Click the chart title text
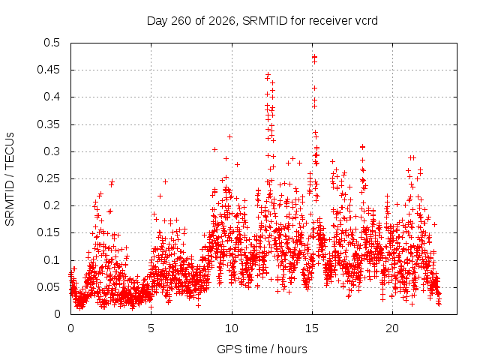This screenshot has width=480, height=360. [x=262, y=21]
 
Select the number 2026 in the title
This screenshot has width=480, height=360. [x=222, y=21]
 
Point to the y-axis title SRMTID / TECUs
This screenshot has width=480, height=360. [x=10, y=179]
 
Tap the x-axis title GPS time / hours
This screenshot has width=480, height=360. [x=262, y=349]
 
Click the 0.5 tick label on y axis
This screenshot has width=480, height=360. [x=52, y=43]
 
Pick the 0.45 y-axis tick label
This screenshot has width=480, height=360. [x=49, y=70]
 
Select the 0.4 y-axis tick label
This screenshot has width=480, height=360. [x=52, y=97]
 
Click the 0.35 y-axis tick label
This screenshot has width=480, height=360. [x=49, y=124]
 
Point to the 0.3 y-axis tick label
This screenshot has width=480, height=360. [x=52, y=151]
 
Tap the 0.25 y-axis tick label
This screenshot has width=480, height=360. [x=49, y=178]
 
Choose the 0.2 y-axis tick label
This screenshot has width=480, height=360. [x=52, y=205]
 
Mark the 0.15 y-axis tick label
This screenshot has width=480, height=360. [x=49, y=232]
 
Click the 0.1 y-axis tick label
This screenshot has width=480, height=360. [x=52, y=260]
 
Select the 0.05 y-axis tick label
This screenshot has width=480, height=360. [x=49, y=287]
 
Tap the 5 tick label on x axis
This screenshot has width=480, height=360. [x=151, y=328]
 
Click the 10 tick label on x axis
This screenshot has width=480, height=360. [x=232, y=328]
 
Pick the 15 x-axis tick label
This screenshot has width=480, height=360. [x=312, y=328]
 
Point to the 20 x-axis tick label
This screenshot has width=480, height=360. [x=392, y=328]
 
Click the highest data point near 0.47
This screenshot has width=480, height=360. [x=314, y=57]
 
